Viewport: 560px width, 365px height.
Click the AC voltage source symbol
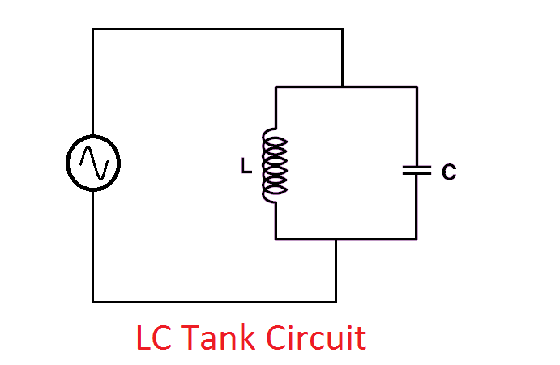(92, 163)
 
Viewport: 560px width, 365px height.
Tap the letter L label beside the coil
(245, 167)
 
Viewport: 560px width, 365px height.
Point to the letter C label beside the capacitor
(449, 172)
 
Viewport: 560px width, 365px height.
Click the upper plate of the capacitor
(417, 167)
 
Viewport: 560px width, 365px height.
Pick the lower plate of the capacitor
(417, 175)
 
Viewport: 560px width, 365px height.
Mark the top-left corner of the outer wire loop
(92, 29)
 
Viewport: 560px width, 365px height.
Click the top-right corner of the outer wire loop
(343, 29)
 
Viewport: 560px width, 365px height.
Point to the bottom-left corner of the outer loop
(92, 301)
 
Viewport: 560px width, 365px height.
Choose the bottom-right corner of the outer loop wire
(336, 301)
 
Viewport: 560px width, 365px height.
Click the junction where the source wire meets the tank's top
(343, 86)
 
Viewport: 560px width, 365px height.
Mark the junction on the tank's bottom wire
(336, 239)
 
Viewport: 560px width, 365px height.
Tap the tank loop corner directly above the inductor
(276, 86)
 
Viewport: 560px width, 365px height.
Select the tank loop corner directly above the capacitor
(417, 86)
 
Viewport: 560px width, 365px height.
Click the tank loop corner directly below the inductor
(276, 239)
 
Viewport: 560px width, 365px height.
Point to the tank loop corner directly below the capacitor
(417, 239)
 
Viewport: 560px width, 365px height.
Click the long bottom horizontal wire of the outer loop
(214, 301)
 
